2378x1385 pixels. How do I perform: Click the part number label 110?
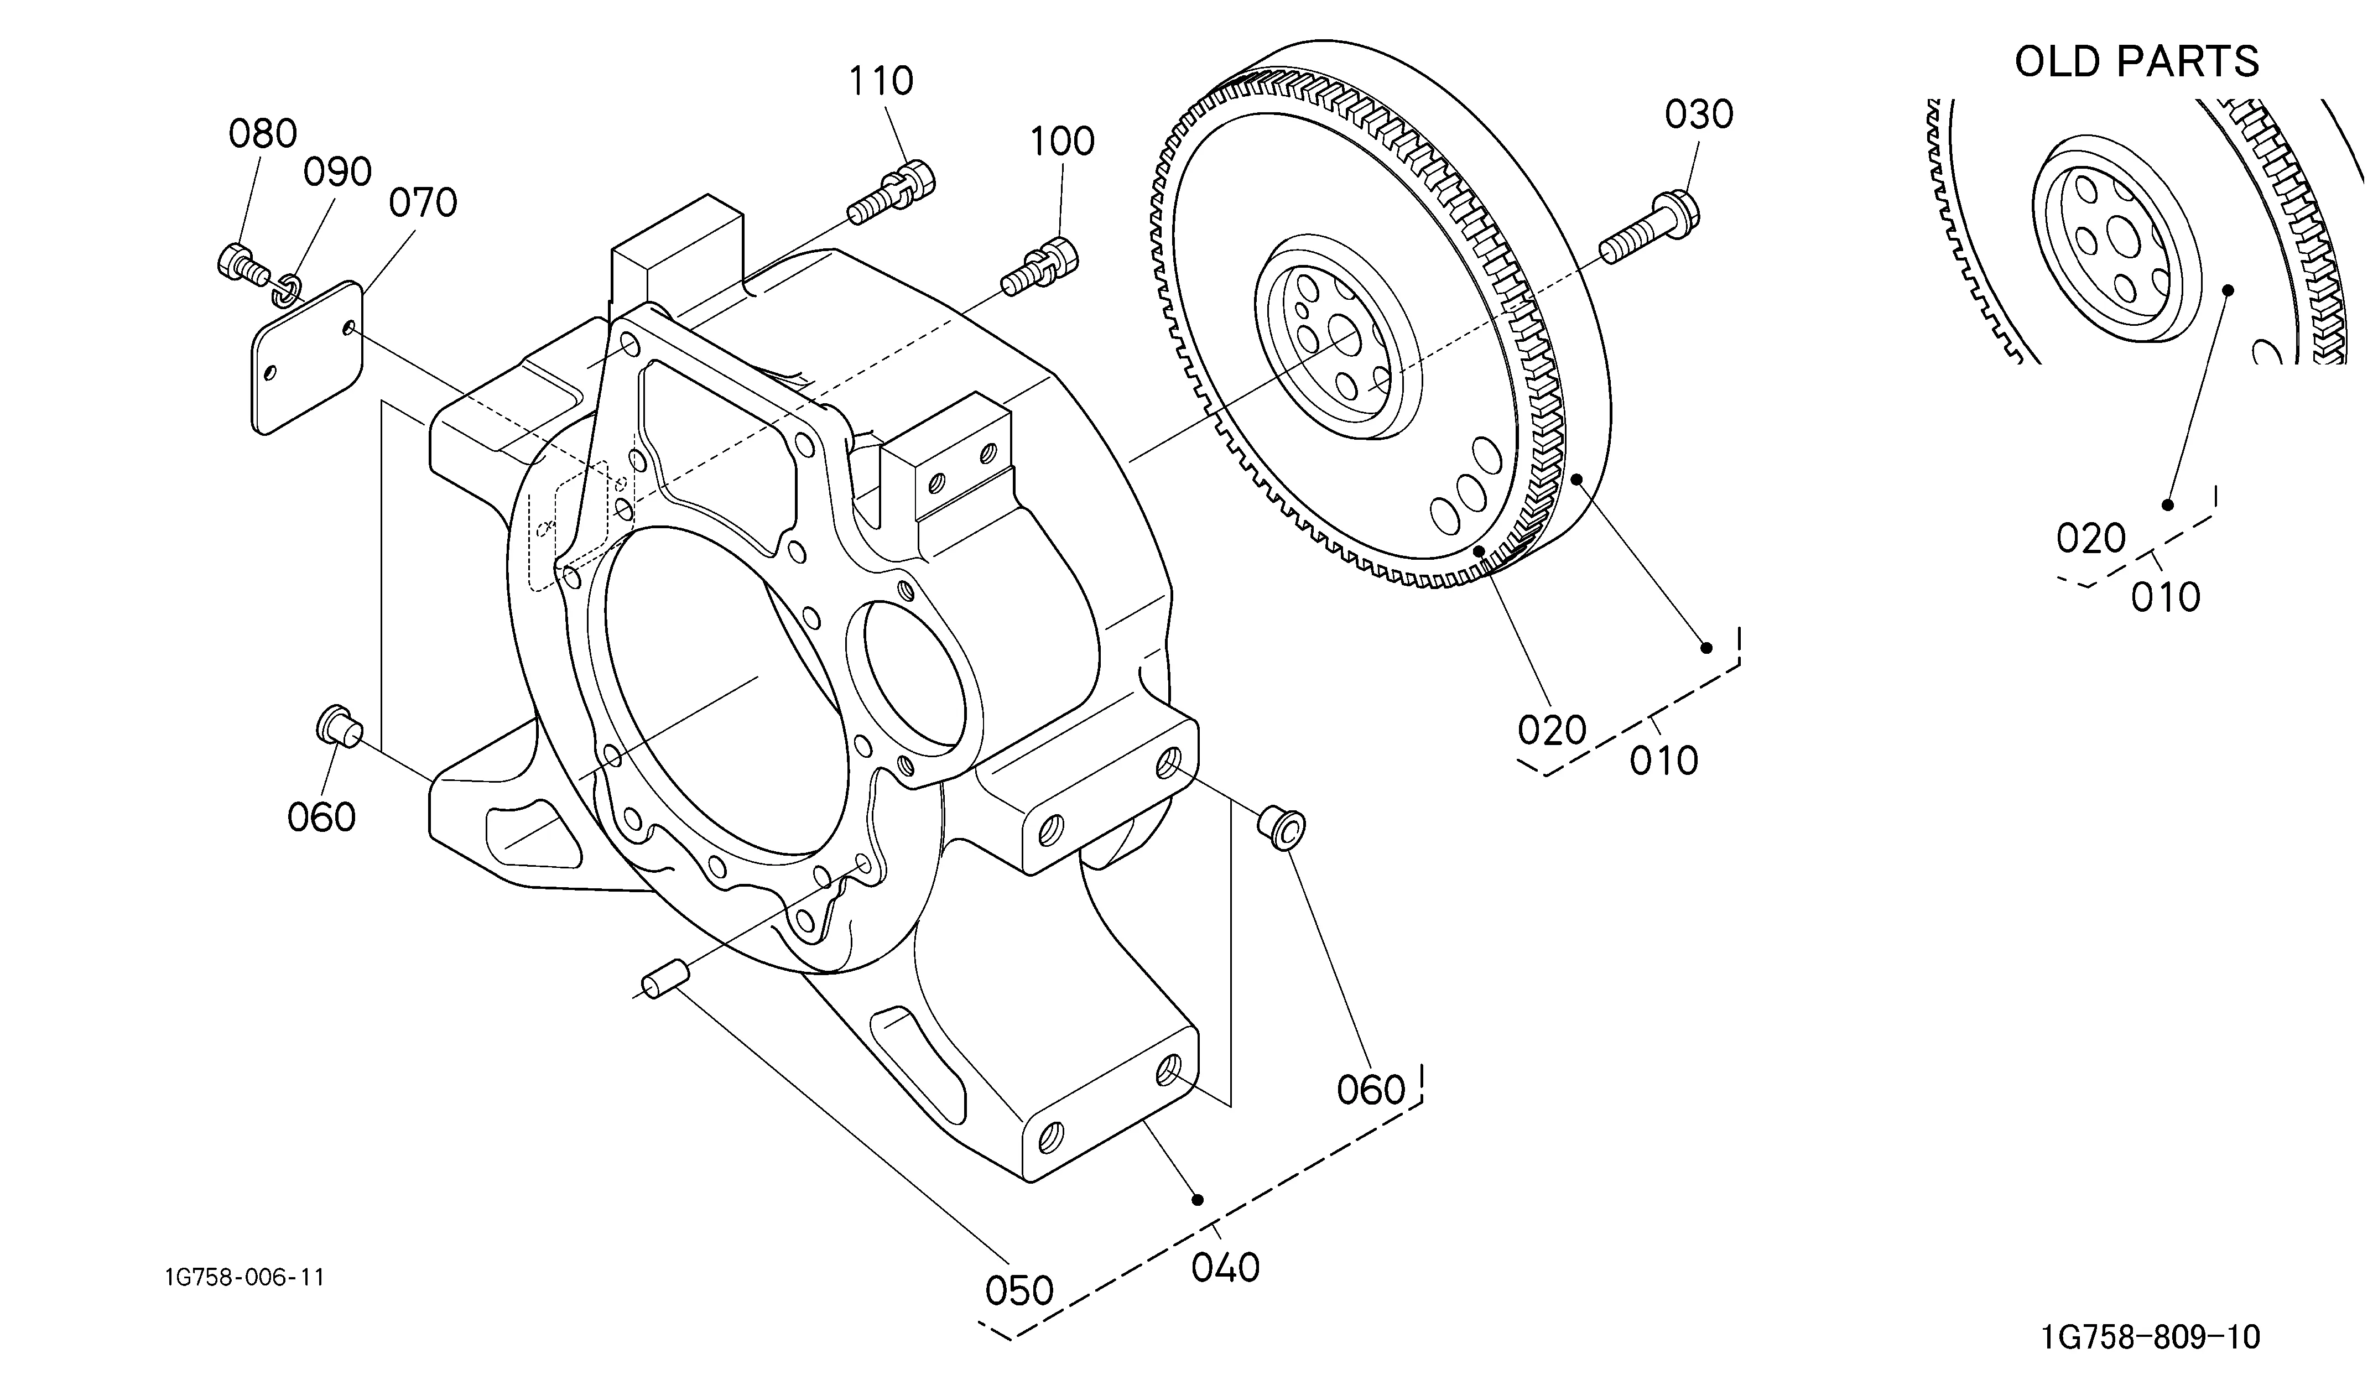pyautogui.click(x=881, y=81)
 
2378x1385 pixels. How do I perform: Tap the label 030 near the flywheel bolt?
pyautogui.click(x=1699, y=115)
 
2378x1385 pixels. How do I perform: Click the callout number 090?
pyautogui.click(x=337, y=173)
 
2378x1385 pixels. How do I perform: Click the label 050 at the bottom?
pyautogui.click(x=1019, y=1290)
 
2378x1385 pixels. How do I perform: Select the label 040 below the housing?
pyautogui.click(x=1225, y=1268)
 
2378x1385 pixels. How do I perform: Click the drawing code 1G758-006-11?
pyautogui.click(x=244, y=1278)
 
